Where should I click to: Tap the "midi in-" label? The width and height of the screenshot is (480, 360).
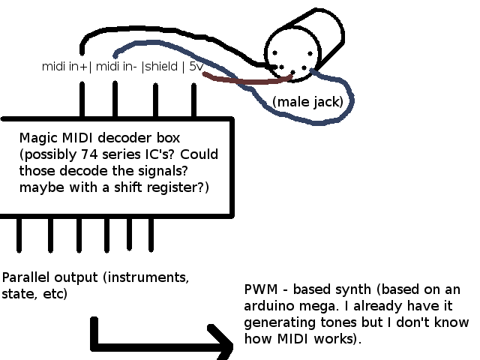(116, 67)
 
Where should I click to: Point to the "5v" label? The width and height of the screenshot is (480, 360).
(196, 67)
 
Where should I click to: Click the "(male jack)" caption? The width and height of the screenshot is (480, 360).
(307, 101)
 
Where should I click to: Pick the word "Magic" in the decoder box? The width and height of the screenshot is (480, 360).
(37, 139)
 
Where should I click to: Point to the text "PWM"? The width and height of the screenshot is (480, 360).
(259, 290)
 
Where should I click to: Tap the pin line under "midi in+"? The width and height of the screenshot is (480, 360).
(82, 99)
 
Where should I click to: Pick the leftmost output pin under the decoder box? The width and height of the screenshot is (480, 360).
(18, 235)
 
